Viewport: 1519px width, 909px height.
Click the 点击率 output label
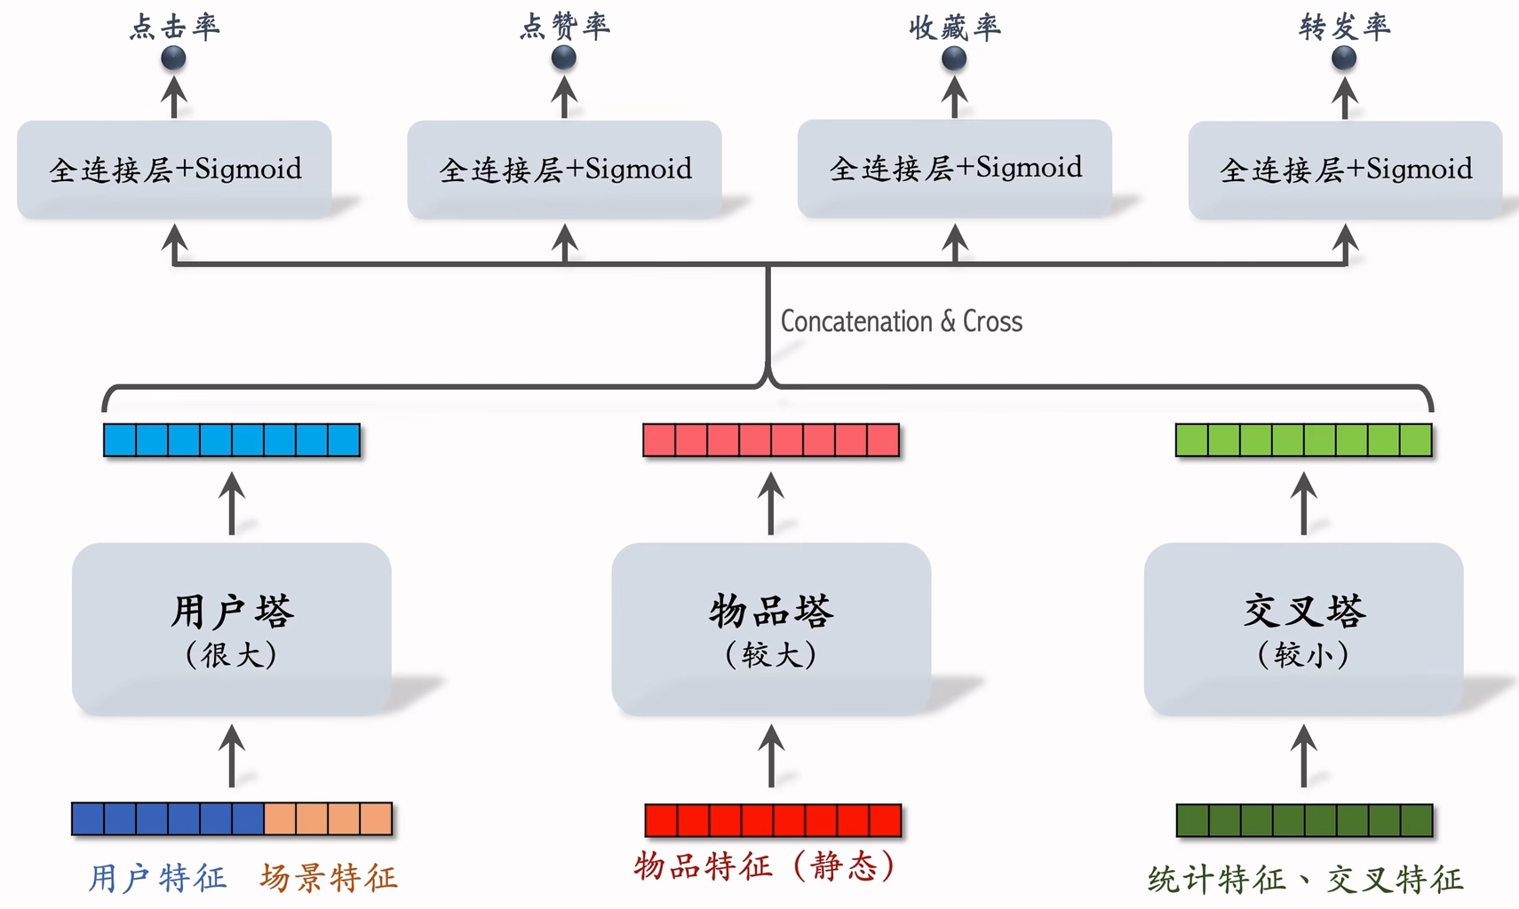pyautogui.click(x=174, y=27)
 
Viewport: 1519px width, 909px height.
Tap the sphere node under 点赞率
pyautogui.click(x=564, y=59)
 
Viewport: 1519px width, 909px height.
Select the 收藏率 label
pyautogui.click(x=954, y=28)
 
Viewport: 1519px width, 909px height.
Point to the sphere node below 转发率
pyautogui.click(x=1344, y=59)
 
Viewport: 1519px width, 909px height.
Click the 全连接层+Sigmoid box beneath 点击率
pyautogui.click(x=174, y=169)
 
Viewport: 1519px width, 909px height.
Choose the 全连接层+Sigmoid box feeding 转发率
pyautogui.click(x=1345, y=169)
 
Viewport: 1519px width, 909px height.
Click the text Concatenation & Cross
pyautogui.click(x=901, y=321)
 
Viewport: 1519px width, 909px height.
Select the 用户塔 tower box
pyautogui.click(x=231, y=628)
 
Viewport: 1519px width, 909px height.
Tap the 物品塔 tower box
pyautogui.click(x=770, y=628)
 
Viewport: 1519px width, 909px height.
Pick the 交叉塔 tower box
pyautogui.click(x=1303, y=628)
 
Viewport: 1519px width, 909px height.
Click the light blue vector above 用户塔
pyautogui.click(x=231, y=440)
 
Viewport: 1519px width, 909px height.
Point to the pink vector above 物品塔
pyautogui.click(x=770, y=440)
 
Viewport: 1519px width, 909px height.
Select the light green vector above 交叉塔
pyautogui.click(x=1303, y=440)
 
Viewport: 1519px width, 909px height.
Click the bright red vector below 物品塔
pyautogui.click(x=772, y=820)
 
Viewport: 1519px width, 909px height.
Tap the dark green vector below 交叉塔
pyautogui.click(x=1303, y=820)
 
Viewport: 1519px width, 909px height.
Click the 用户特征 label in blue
pyautogui.click(x=157, y=878)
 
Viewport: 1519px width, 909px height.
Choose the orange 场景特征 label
pyautogui.click(x=329, y=878)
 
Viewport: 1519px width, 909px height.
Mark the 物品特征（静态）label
pyautogui.click(x=764, y=866)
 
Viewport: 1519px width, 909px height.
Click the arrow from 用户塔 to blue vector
pyautogui.click(x=232, y=503)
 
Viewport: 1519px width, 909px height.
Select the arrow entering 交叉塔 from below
pyautogui.click(x=1303, y=755)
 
